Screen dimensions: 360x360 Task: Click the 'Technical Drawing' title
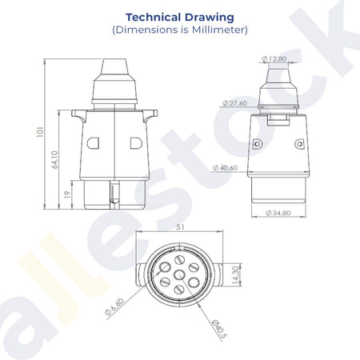click(180, 18)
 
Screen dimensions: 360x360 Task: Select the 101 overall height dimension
click(40, 132)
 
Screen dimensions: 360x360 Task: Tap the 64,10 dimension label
click(54, 160)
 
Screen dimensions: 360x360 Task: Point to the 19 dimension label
click(68, 194)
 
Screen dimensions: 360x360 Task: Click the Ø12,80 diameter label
click(274, 58)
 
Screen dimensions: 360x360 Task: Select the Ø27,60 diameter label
click(234, 103)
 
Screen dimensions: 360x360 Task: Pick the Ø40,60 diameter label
click(225, 168)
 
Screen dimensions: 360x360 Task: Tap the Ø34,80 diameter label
click(278, 213)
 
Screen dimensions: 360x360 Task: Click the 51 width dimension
click(180, 227)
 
